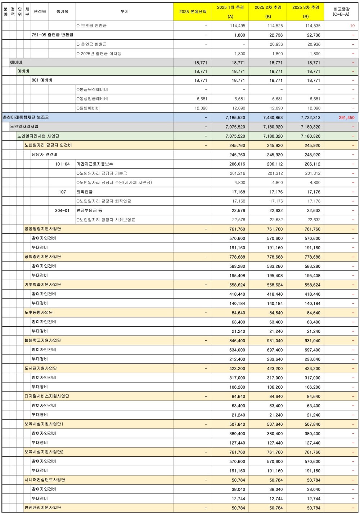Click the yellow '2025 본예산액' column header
(192, 12)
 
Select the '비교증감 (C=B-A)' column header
(341, 12)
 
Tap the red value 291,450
(346, 117)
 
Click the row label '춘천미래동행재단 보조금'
(26, 117)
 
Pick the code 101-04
(62, 164)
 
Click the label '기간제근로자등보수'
(95, 164)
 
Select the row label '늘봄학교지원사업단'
(42, 340)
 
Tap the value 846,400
(237, 340)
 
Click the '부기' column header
(125, 12)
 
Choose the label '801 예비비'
(42, 80)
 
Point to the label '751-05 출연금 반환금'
(53, 35)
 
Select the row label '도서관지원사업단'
(41, 368)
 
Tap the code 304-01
(62, 210)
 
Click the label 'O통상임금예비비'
(92, 99)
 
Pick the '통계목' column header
(62, 12)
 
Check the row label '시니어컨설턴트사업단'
(45, 480)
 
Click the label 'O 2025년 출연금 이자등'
(99, 54)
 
